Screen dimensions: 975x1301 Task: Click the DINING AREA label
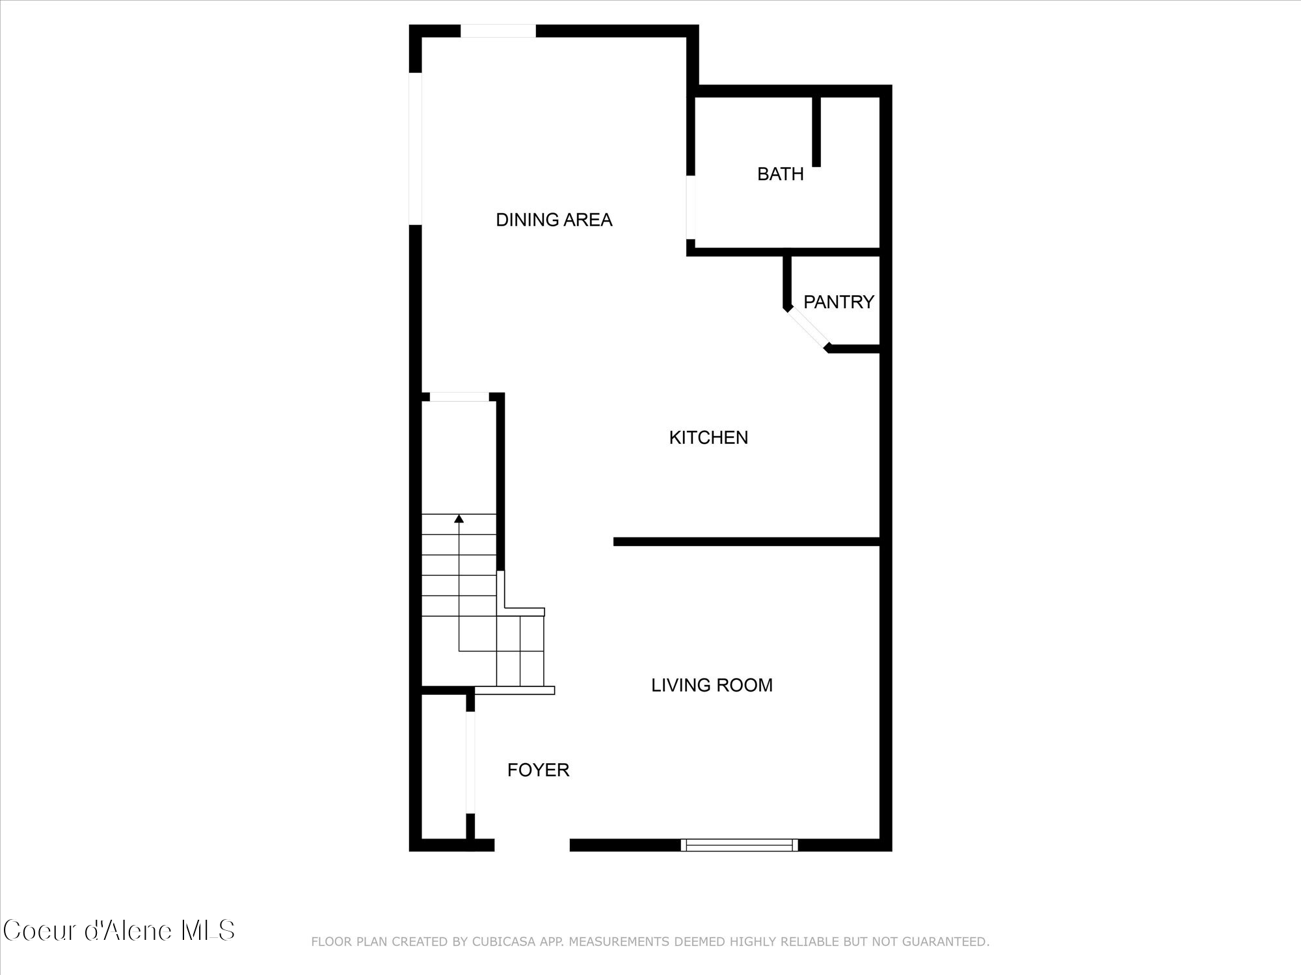pos(554,220)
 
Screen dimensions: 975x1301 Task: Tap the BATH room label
pos(780,174)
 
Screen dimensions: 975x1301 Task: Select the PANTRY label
pos(838,302)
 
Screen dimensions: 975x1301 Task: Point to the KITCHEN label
pos(708,437)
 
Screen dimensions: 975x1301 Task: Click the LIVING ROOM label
pos(712,685)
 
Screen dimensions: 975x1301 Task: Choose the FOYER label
pos(538,770)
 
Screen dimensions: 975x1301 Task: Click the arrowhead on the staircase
pos(459,519)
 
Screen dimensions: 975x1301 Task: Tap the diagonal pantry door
pos(807,329)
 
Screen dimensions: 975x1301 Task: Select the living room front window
pos(739,845)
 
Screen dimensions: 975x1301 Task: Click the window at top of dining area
pos(498,31)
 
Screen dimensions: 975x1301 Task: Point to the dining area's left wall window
pos(415,149)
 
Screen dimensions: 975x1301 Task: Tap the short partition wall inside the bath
pos(816,131)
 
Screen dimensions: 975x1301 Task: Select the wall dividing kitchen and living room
pos(746,541)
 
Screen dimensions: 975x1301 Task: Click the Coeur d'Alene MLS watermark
pos(118,931)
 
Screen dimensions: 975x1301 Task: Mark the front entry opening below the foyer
pos(532,845)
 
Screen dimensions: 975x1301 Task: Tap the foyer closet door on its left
pos(470,762)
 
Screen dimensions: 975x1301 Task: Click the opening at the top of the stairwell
pos(459,397)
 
